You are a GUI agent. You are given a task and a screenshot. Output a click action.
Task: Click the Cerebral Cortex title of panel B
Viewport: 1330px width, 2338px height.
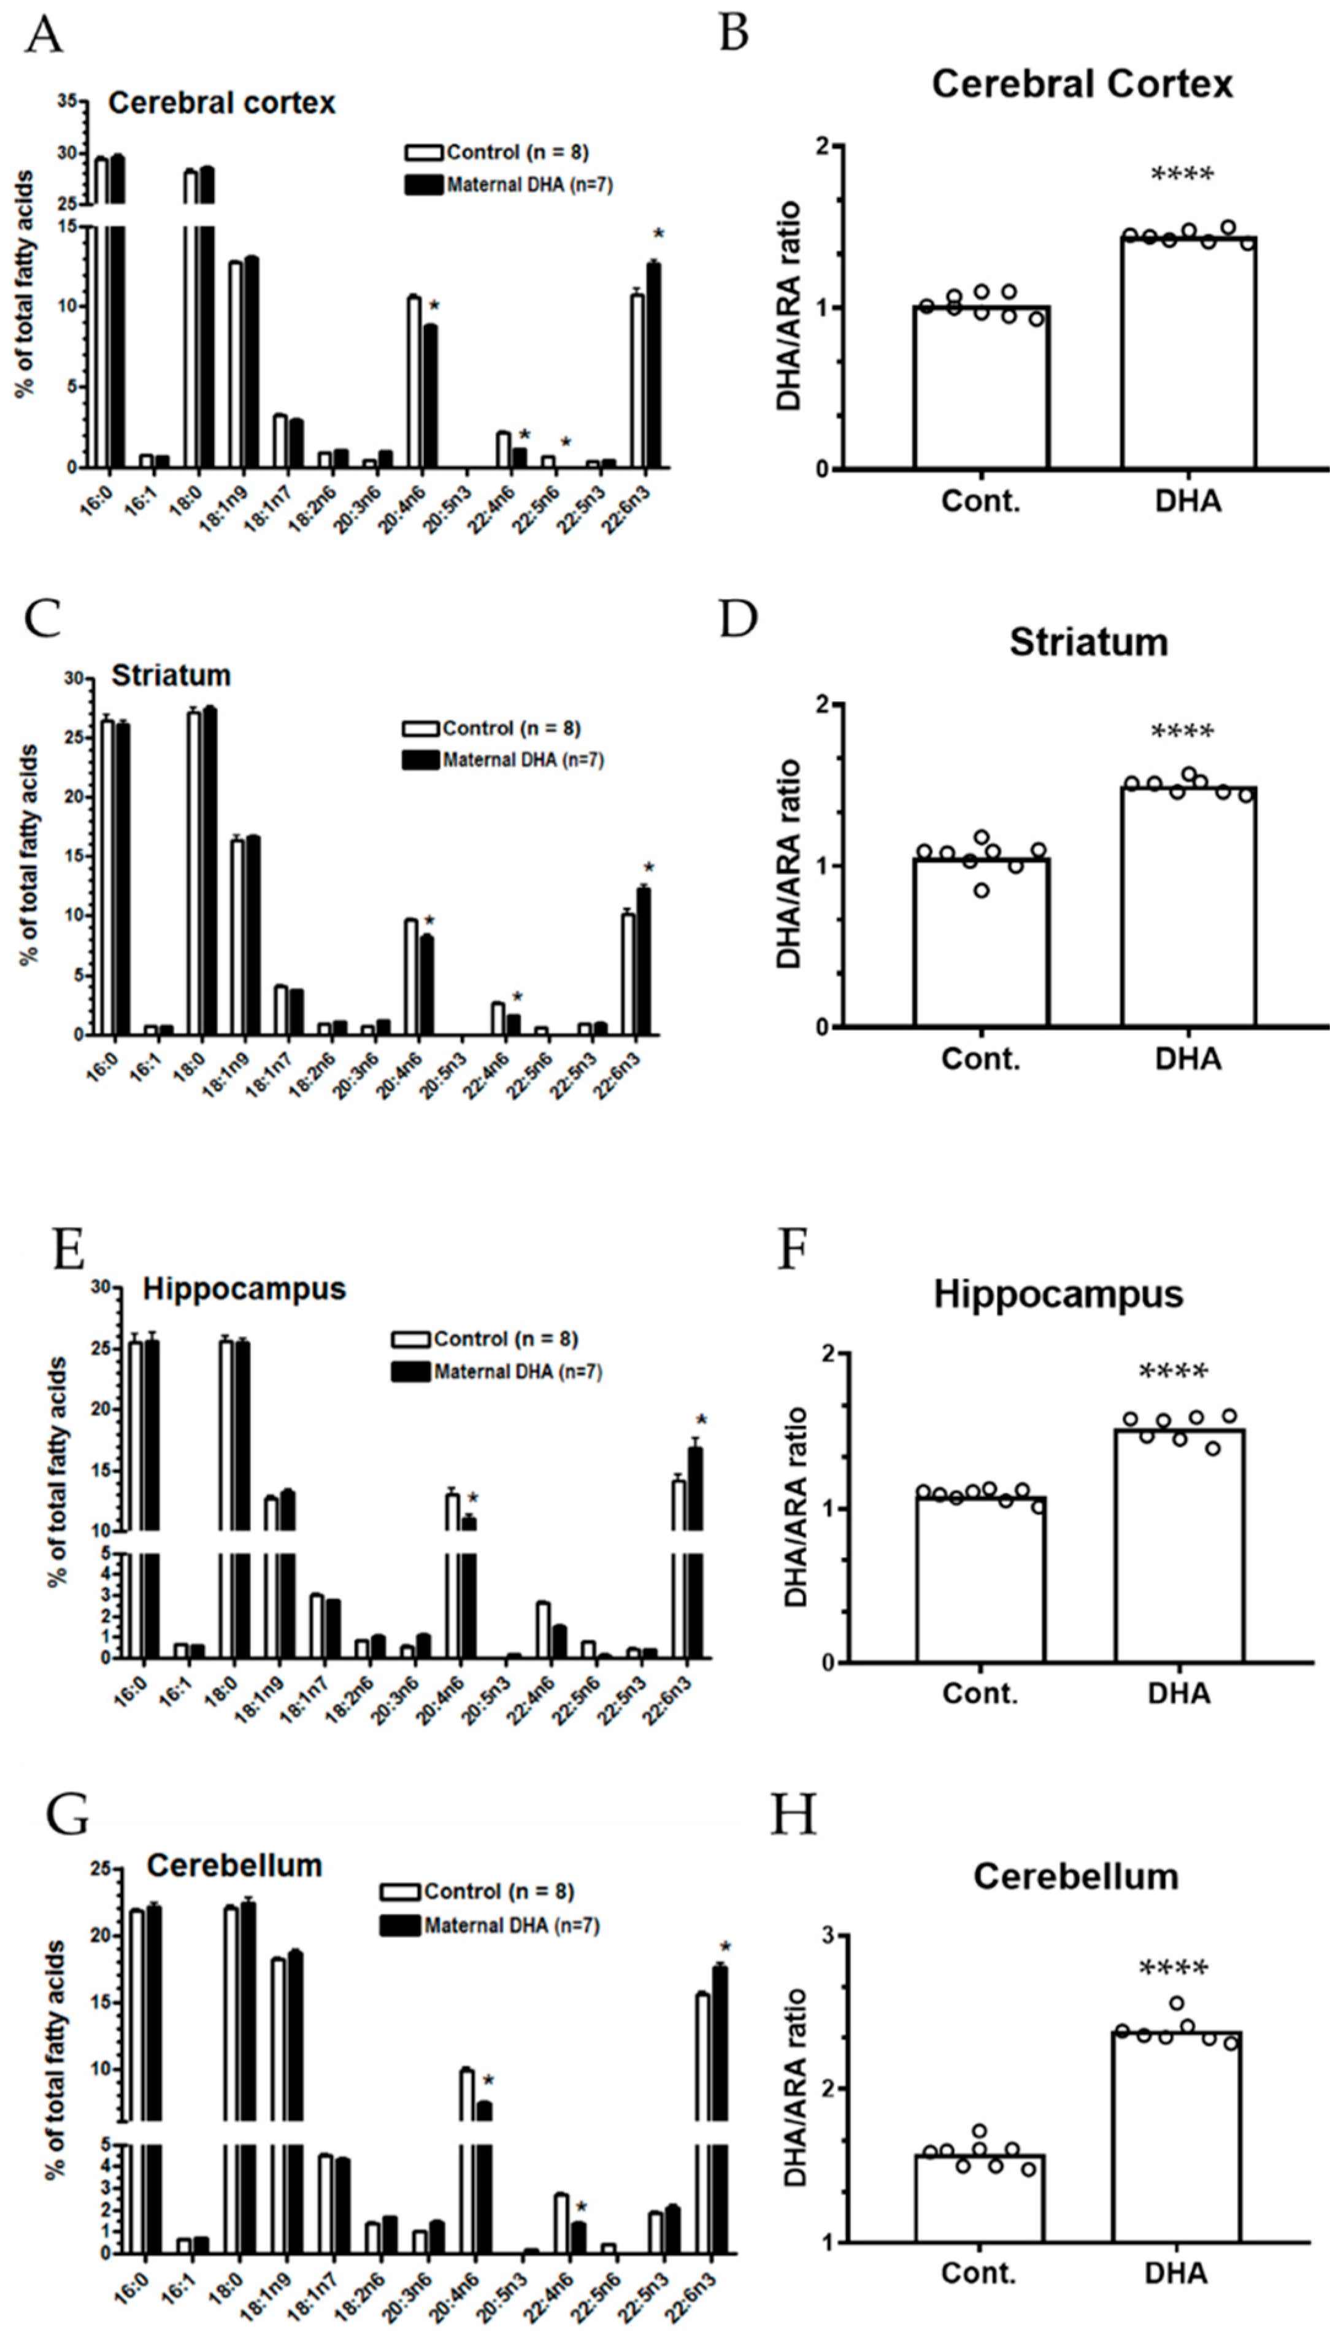[1082, 85]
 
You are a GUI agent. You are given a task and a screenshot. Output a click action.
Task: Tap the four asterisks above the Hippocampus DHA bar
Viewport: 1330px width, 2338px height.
[1174, 1372]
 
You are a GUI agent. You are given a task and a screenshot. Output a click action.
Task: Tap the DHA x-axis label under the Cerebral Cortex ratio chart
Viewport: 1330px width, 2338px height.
[1188, 501]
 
